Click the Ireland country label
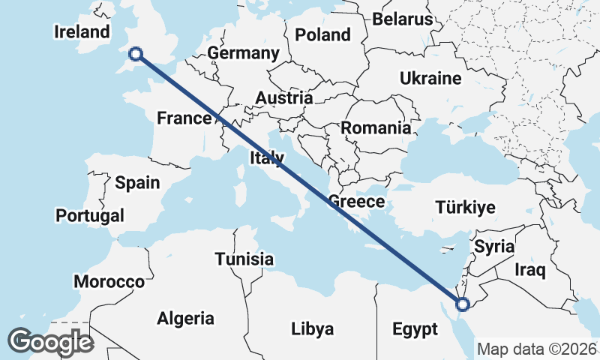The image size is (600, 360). coord(82,31)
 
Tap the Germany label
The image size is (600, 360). coord(243,53)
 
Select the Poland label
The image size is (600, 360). coord(322,34)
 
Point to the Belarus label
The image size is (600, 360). coord(403,19)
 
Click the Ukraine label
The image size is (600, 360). coord(430,78)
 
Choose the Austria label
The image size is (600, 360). coord(283,97)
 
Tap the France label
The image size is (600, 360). coord(184,118)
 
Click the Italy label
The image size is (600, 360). coord(268,157)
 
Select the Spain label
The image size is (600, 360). coord(137,182)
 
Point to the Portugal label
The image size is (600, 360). coord(90,215)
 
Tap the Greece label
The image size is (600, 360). coord(356,201)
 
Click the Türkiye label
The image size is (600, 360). coord(465,208)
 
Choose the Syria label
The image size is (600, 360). coord(495,246)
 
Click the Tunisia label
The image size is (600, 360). coord(244,259)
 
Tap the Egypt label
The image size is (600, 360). coord(415,328)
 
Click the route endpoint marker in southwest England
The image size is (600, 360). coord(136,53)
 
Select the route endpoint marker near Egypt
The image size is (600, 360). coord(462,304)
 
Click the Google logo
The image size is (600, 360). coord(50,342)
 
